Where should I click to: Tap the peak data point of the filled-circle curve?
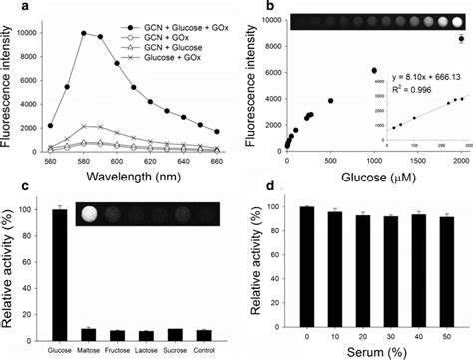tap(83, 33)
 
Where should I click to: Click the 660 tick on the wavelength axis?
tap(220, 162)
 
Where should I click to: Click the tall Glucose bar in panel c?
tap(60, 268)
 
